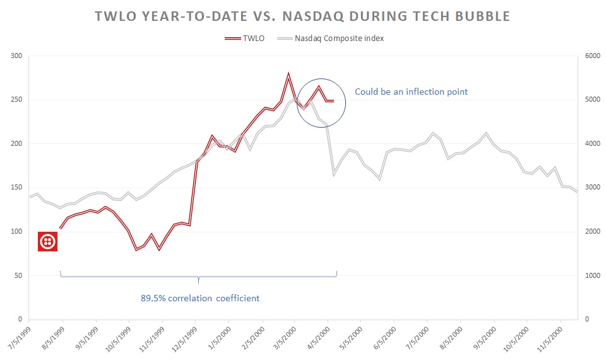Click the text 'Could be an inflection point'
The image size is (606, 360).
(411, 92)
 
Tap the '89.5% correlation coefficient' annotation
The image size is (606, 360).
(199, 297)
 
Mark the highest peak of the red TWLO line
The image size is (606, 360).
(288, 74)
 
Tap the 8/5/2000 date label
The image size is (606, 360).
(450, 339)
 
